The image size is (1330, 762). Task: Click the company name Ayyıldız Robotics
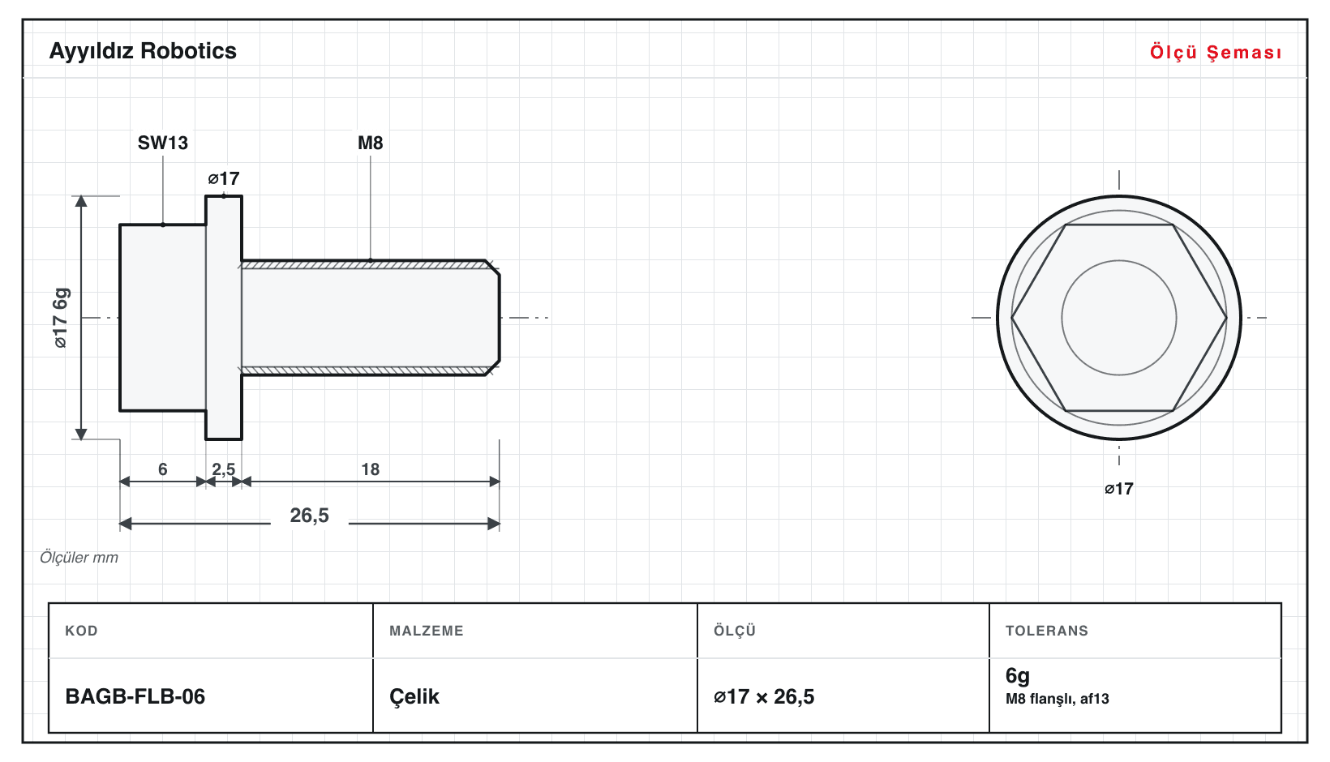coord(143,52)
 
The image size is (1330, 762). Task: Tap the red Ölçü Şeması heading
coord(1216,52)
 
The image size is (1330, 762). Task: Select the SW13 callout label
coord(163,143)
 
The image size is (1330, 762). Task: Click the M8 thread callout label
coord(370,143)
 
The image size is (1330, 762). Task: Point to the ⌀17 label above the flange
coord(224,178)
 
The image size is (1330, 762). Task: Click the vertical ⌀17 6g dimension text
coord(61,318)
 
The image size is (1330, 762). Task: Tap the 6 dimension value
coord(163,469)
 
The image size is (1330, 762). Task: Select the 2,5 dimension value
coord(224,469)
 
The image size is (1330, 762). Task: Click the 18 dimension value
coord(371,469)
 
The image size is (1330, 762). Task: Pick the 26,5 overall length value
coord(309,516)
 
